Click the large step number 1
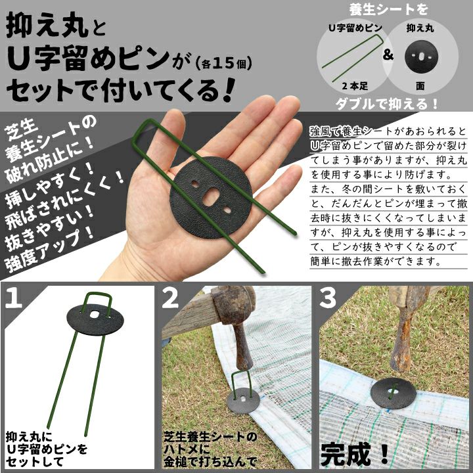14,297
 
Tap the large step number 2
171,297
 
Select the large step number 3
328,297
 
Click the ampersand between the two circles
388,55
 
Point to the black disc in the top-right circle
421,56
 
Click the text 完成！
355,453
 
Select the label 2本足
355,86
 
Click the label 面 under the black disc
420,86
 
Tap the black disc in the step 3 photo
394,393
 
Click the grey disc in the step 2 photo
243,399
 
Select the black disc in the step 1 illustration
95,320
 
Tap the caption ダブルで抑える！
388,104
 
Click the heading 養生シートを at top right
388,9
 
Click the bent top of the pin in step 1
97,294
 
